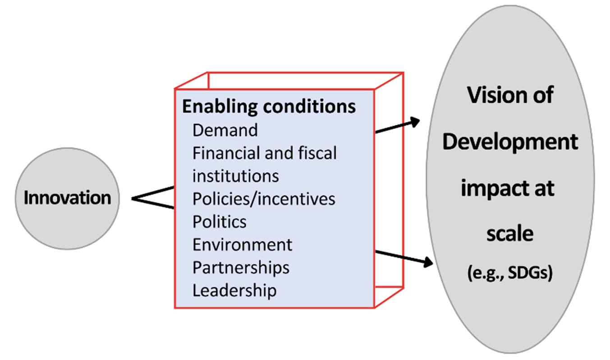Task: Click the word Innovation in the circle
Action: pos(67,198)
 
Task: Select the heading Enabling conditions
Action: pos(269,107)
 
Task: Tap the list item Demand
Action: pos(225,130)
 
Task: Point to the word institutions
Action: pos(235,176)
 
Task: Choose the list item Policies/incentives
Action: pos(264,199)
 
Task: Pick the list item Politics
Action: pos(220,222)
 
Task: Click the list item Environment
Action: pos(242,245)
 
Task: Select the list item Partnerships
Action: pos(241,268)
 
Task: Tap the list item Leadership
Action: pos(234,291)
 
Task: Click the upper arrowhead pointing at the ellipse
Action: pos(415,121)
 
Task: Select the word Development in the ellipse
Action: pos(510,142)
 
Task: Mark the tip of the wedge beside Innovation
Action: pos(132,198)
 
